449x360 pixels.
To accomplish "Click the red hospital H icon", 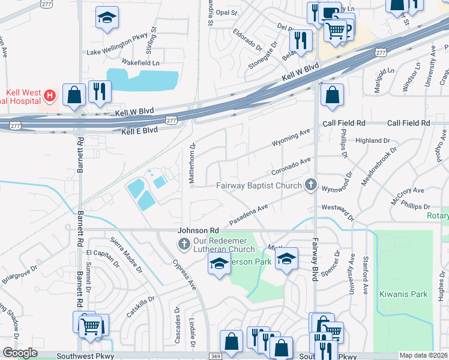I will [51, 95].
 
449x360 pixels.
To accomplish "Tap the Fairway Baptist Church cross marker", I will [310, 185].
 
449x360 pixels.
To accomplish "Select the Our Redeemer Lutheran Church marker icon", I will [184, 243].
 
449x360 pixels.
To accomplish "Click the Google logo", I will [20, 353].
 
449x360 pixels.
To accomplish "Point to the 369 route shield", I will [214, 356].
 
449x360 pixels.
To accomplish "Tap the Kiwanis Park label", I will [403, 294].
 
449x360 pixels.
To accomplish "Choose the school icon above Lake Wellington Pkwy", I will [107, 18].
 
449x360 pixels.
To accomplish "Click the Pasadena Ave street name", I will [249, 215].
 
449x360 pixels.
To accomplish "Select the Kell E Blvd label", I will [139, 130].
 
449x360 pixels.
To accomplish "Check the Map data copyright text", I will [423, 355].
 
